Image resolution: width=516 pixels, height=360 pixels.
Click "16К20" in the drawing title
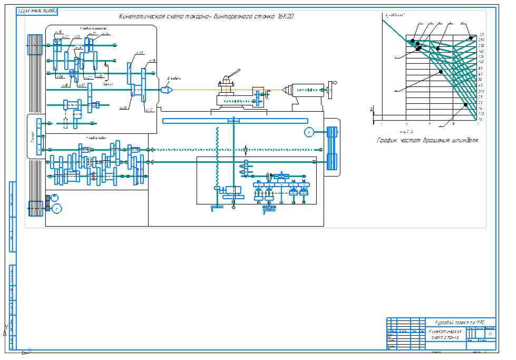coord(285,16)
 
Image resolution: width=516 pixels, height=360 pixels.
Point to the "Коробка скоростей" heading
coord(93,28)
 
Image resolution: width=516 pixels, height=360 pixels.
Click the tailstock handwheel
coord(331,89)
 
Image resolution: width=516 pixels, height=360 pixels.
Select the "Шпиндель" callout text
coord(174,79)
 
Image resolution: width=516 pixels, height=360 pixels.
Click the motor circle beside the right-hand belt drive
coord(309,132)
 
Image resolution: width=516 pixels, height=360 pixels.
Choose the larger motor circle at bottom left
coord(56,209)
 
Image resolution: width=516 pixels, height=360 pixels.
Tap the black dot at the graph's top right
coord(471,37)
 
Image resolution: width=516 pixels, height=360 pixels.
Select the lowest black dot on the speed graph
coord(465,105)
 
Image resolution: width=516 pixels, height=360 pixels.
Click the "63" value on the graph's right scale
coord(481,74)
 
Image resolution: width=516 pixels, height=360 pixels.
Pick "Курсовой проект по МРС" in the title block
coord(457,322)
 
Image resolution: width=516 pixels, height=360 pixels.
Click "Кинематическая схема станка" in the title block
coord(445,334)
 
